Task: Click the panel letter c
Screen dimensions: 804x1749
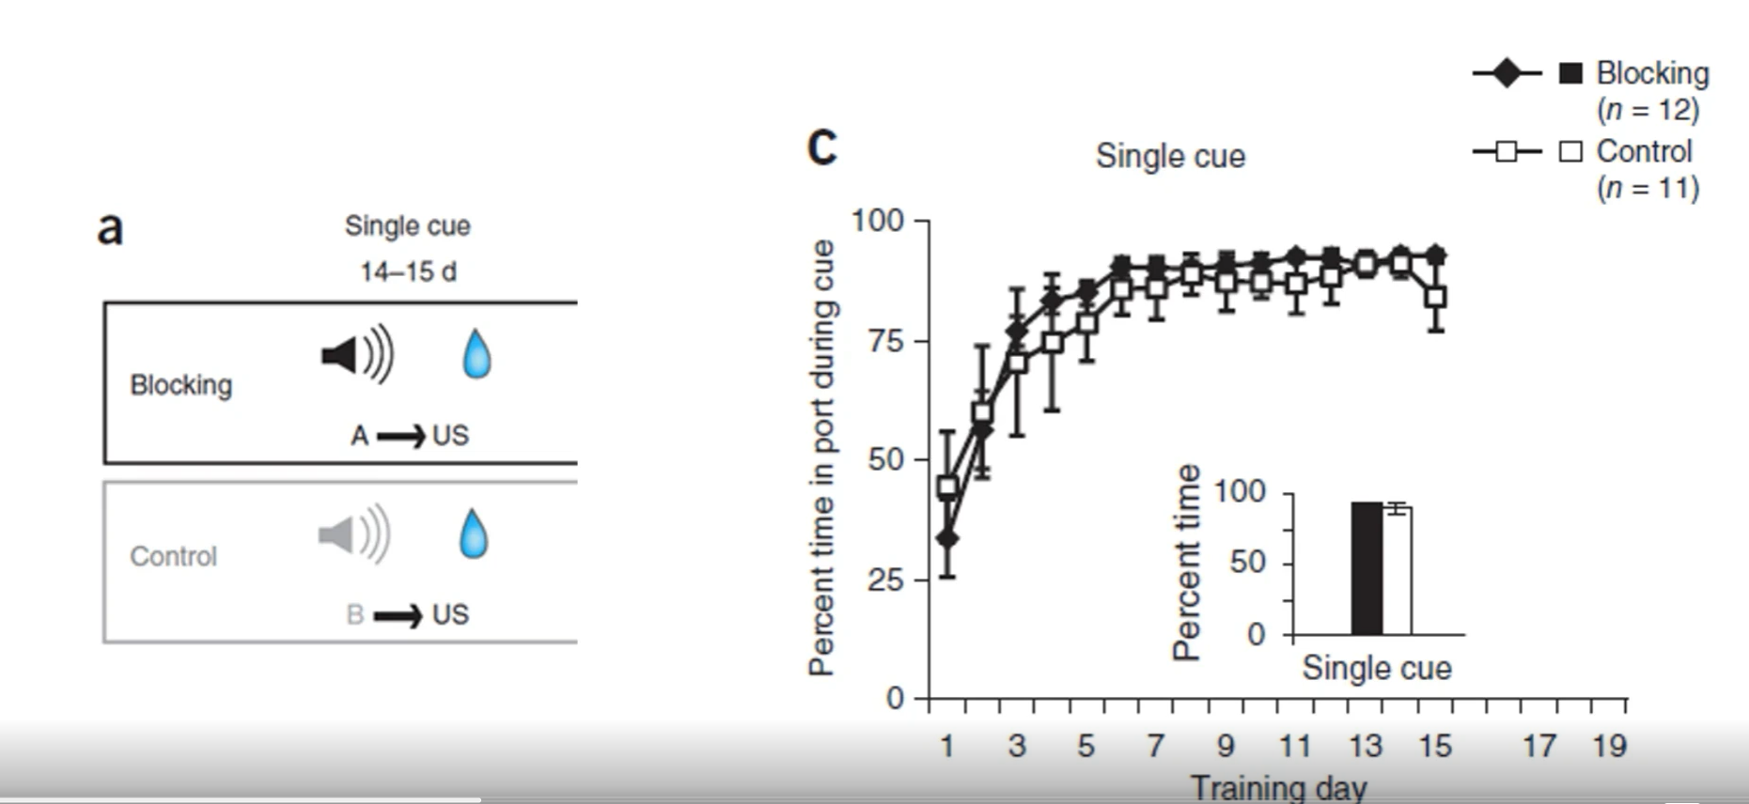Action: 822,147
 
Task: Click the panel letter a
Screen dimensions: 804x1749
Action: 110,228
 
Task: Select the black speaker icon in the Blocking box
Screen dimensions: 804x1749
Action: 356,355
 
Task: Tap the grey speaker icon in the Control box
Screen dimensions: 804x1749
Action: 353,534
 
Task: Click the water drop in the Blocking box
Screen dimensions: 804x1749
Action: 476,354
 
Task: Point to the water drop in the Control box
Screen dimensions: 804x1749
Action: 474,533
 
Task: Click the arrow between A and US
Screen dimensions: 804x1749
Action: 401,437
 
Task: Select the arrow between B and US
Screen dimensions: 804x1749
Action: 398,616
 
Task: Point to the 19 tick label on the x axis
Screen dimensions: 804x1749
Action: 1609,746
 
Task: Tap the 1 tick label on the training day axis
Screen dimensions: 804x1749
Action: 946,746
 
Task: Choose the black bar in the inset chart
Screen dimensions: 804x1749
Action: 1366,568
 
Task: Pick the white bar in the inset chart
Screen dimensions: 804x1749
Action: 1398,571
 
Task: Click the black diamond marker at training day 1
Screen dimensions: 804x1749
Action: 947,538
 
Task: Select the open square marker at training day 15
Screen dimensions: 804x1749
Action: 1435,298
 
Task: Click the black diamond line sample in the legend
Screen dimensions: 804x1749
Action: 1507,73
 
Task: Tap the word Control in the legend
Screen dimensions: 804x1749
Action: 1644,151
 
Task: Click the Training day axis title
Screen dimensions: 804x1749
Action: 1278,787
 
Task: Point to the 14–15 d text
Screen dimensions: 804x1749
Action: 408,272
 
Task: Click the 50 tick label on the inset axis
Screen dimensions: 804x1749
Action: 1247,563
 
